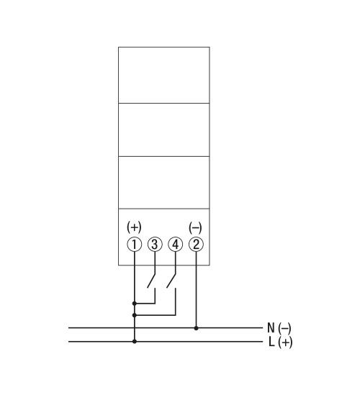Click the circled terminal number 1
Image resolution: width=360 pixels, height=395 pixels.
click(135, 245)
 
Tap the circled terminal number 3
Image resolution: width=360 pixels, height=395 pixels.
click(155, 245)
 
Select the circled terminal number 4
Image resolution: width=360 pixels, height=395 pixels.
click(176, 245)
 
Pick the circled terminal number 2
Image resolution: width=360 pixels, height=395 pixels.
click(196, 245)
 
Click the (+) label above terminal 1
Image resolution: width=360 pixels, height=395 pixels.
click(134, 227)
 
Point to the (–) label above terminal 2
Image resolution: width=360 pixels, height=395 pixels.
click(195, 228)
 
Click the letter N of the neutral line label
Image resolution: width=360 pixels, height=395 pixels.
click(271, 328)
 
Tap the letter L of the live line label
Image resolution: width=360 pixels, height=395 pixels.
click(271, 342)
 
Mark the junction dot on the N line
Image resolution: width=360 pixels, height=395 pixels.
click(196, 328)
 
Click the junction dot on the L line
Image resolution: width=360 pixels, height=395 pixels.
click(135, 341)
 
